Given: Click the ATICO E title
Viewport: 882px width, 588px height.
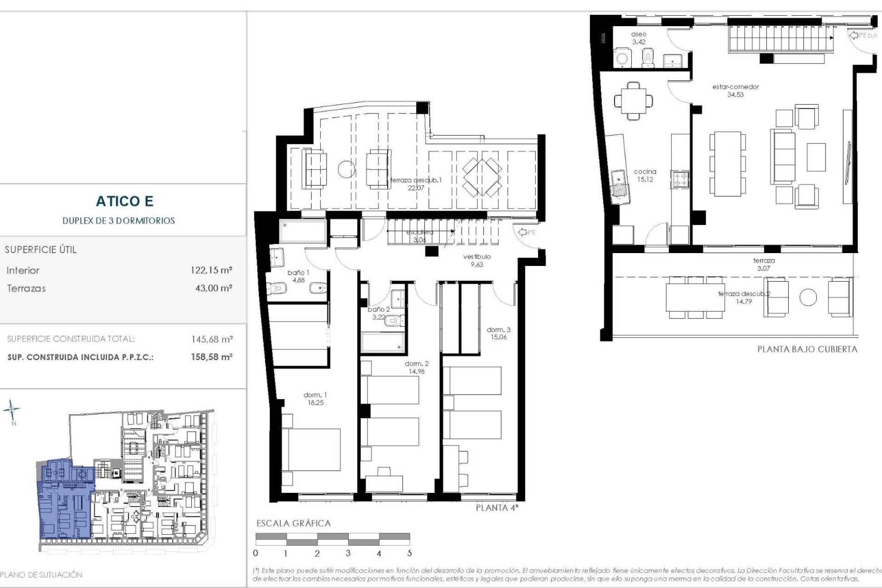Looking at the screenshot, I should pyautogui.click(x=124, y=201).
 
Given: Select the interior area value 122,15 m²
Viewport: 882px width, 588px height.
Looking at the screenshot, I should pyautogui.click(x=211, y=270).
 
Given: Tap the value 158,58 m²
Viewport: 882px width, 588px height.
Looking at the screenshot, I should pyautogui.click(x=212, y=357).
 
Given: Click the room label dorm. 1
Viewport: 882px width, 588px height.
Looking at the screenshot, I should pyautogui.click(x=315, y=395).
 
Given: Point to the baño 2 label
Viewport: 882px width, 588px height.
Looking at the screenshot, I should pyautogui.click(x=379, y=310).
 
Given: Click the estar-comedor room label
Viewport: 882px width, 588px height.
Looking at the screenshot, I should pyautogui.click(x=735, y=87).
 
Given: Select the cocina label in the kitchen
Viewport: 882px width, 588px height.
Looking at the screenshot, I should pyautogui.click(x=645, y=172).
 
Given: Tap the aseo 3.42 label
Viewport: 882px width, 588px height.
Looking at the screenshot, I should pyautogui.click(x=639, y=38).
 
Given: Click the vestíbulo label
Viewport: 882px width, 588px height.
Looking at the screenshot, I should pyautogui.click(x=477, y=257).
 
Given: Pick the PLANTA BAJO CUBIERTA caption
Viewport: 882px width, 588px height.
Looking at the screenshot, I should pyautogui.click(x=807, y=349).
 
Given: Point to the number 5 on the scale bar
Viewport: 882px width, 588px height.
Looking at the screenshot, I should pyautogui.click(x=409, y=553).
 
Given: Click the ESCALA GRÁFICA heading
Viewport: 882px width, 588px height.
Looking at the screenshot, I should pyautogui.click(x=294, y=523).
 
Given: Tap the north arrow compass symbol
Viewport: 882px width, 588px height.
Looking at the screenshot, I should pyautogui.click(x=12, y=410).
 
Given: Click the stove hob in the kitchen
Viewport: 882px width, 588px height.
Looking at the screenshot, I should pyautogui.click(x=680, y=179).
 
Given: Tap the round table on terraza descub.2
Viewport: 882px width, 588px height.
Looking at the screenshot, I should pyautogui.click(x=808, y=298).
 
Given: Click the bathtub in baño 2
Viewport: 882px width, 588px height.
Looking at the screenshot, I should pyautogui.click(x=382, y=342).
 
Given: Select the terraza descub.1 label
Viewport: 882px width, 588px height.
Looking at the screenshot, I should pyautogui.click(x=416, y=180).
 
